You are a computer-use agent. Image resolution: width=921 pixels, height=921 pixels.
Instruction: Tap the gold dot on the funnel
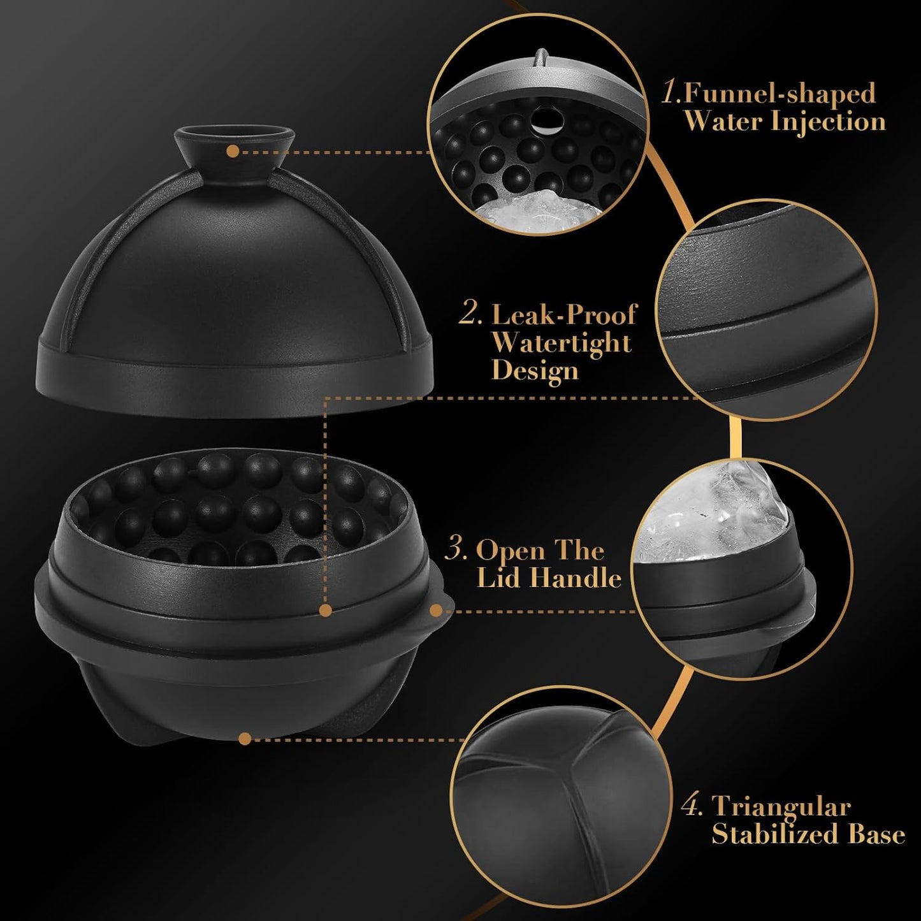click(x=233, y=152)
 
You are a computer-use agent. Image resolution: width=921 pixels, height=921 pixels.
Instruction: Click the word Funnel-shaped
click(x=780, y=94)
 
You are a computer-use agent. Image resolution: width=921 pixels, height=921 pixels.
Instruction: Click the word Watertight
click(x=561, y=343)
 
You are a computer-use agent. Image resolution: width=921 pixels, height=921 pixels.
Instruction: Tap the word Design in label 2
click(x=535, y=371)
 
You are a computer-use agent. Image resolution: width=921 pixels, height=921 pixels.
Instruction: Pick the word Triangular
click(x=781, y=807)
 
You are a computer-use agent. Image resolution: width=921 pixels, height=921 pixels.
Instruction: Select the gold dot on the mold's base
click(x=244, y=739)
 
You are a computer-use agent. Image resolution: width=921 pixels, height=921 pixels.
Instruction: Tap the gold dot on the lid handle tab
click(x=436, y=611)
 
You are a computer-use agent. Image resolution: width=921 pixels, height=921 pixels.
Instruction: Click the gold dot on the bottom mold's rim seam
click(x=326, y=611)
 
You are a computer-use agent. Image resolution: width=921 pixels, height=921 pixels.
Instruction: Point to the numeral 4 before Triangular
click(x=692, y=807)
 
